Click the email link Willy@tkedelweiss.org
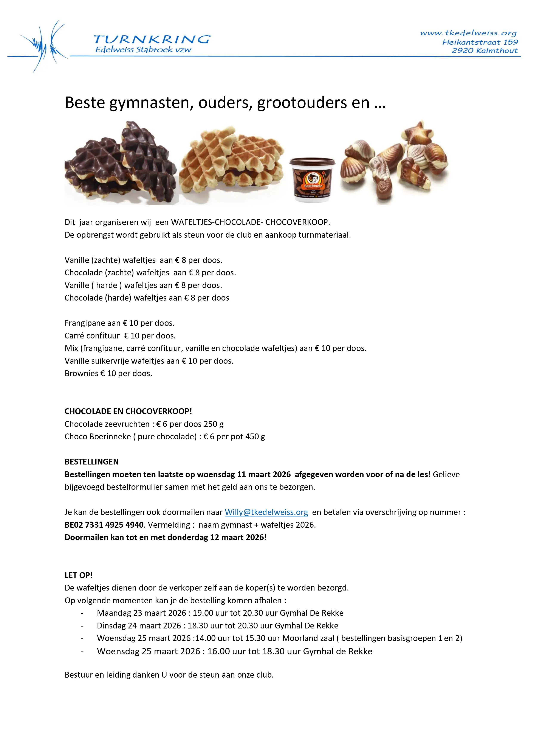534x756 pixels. tap(266, 512)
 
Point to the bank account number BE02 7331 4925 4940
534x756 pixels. tap(104, 525)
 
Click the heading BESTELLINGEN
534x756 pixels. tap(91, 462)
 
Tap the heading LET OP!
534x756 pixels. tap(79, 575)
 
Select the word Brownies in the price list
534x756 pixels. tap(81, 373)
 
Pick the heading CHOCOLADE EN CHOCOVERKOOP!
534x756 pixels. tap(128, 411)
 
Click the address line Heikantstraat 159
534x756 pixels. tap(480, 42)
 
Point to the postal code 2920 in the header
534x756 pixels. tap(462, 51)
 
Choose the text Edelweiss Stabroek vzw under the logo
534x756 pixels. tap(143, 50)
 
